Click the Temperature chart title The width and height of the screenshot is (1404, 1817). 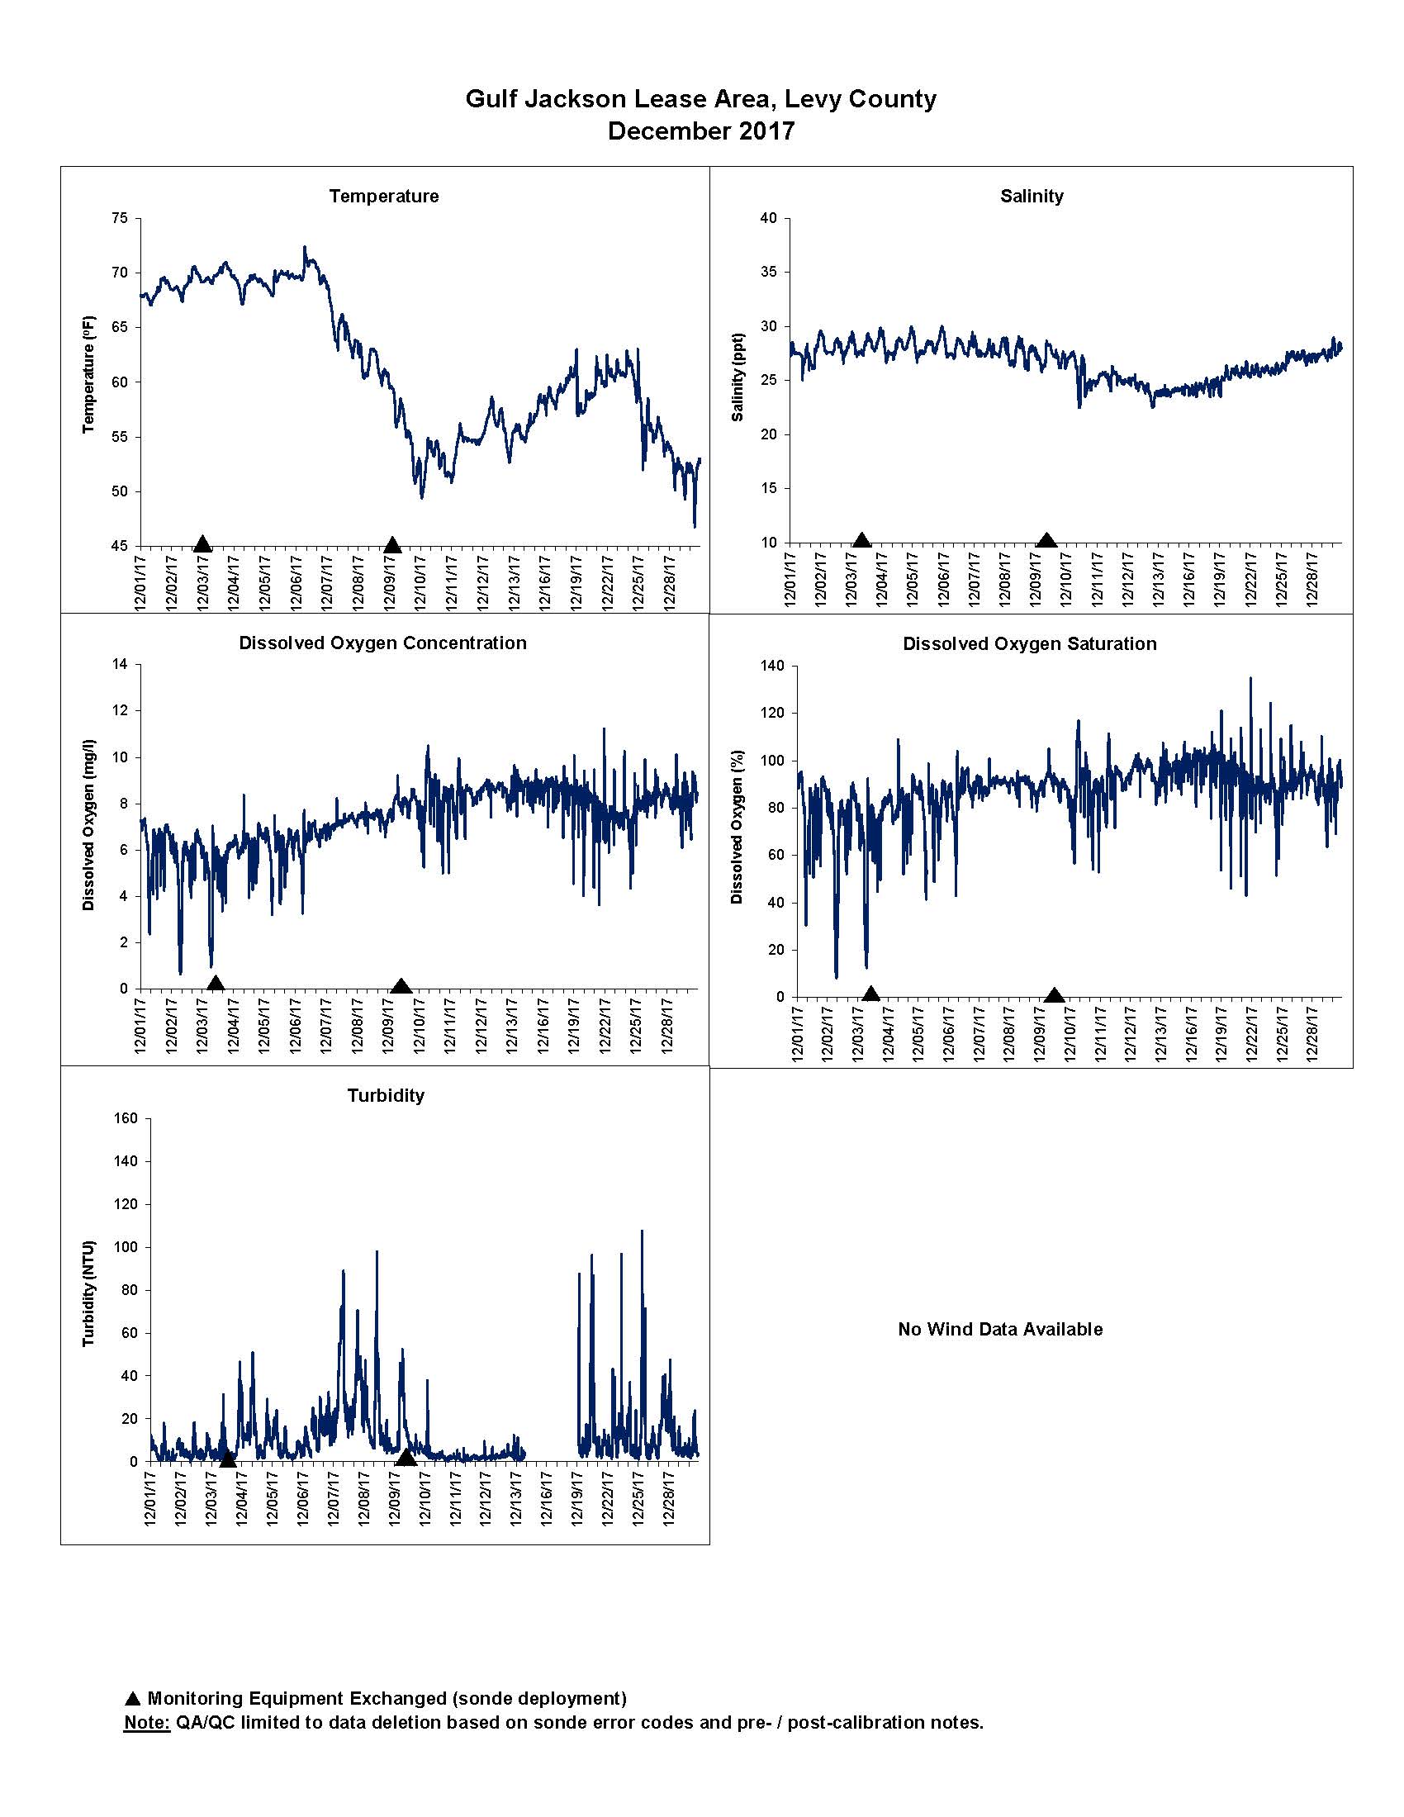point(383,197)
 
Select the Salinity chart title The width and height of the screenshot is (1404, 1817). point(1032,197)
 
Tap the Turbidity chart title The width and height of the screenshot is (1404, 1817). point(386,1096)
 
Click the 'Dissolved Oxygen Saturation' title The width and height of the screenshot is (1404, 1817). point(1030,644)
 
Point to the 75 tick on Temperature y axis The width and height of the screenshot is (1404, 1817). point(121,218)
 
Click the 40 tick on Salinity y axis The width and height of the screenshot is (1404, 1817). point(769,218)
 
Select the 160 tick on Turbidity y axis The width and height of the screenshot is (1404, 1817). point(126,1118)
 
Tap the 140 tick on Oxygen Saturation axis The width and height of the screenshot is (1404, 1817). point(772,666)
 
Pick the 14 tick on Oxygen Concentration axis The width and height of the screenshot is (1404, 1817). point(121,664)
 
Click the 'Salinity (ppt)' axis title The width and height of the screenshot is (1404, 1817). point(738,377)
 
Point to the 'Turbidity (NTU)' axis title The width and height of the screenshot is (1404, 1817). point(89,1293)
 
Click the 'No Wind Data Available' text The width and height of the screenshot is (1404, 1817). point(1000,1330)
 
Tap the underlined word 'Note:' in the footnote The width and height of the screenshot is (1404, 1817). point(147,1722)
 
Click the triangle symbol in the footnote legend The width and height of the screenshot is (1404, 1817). point(132,1699)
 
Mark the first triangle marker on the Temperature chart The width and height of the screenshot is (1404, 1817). point(202,544)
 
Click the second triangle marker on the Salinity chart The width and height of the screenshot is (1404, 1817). point(1047,541)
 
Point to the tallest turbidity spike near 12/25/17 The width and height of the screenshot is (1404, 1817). point(641,1231)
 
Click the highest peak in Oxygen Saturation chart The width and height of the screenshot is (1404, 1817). point(1250,679)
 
